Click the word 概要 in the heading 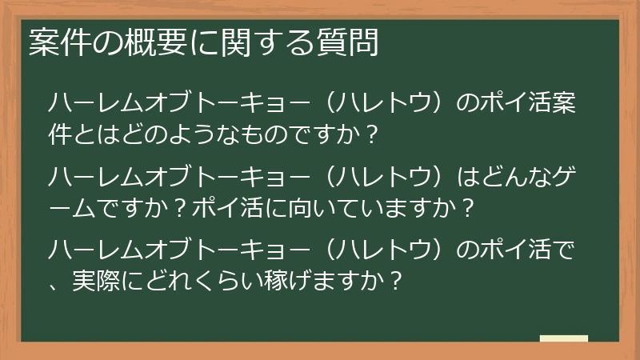(x=141, y=43)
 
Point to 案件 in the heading (x=57, y=43)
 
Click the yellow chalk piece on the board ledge (x=563, y=338)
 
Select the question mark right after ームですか (x=183, y=209)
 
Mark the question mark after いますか (x=467, y=209)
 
